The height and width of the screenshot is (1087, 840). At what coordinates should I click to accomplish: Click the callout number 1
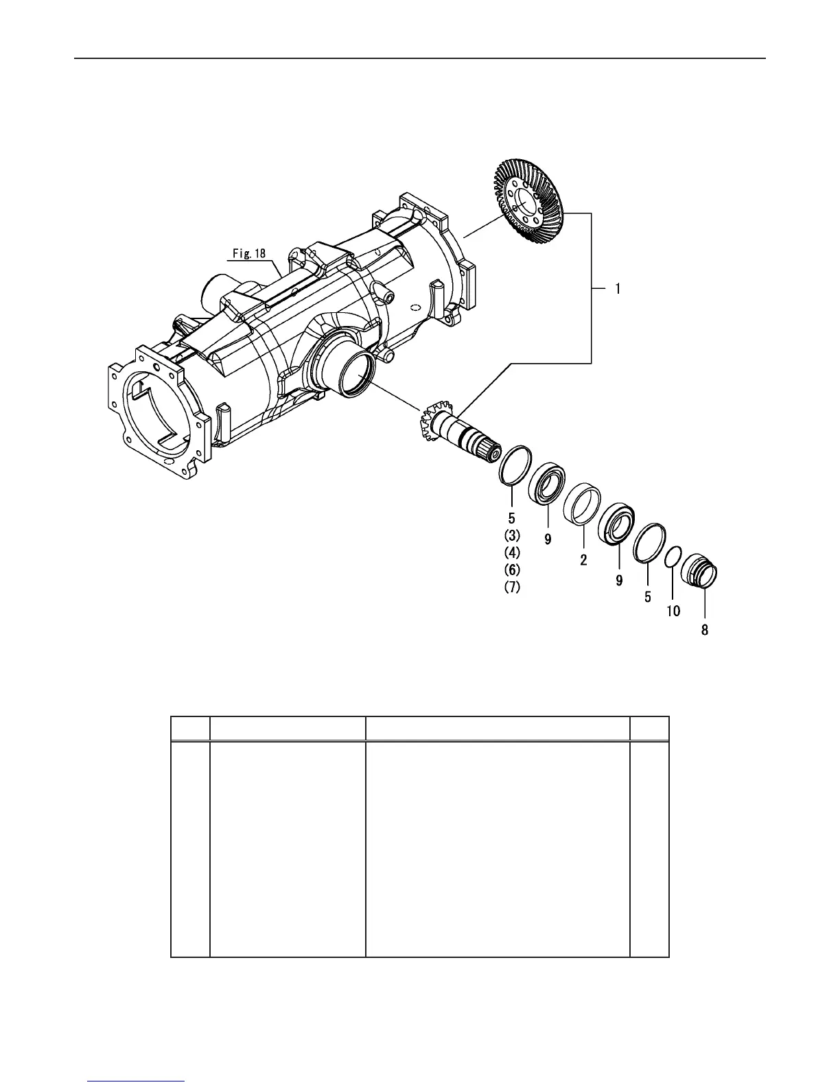pyautogui.click(x=617, y=290)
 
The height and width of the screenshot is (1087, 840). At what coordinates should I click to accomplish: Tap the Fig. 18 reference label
pyautogui.click(x=248, y=253)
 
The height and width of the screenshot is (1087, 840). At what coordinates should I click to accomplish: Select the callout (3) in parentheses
pyautogui.click(x=512, y=535)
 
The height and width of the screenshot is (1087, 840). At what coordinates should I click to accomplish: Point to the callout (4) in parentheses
pyautogui.click(x=512, y=552)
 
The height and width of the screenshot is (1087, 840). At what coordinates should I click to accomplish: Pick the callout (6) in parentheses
pyautogui.click(x=512, y=570)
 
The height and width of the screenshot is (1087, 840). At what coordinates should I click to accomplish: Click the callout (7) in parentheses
pyautogui.click(x=512, y=587)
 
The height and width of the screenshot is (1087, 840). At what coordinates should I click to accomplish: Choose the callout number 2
pyautogui.click(x=583, y=560)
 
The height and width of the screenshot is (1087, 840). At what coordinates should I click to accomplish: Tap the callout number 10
pyautogui.click(x=673, y=611)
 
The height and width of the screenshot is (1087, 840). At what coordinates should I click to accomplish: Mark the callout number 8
pyautogui.click(x=705, y=629)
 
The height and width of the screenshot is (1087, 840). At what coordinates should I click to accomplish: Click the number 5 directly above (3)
pyautogui.click(x=511, y=518)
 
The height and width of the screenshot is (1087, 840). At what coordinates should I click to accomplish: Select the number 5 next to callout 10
pyautogui.click(x=647, y=597)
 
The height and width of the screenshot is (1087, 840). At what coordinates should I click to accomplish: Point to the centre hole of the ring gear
pyautogui.click(x=527, y=200)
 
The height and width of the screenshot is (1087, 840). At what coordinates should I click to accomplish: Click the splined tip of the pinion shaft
pyautogui.click(x=491, y=454)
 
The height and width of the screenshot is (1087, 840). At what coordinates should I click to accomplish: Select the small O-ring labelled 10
pyautogui.click(x=673, y=557)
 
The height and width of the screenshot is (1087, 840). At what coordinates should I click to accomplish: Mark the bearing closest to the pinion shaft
pyautogui.click(x=548, y=484)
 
